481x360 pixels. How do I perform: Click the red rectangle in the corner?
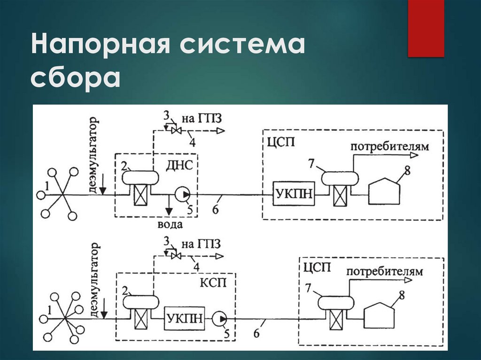click(426, 28)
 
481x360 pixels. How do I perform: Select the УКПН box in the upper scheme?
click(293, 193)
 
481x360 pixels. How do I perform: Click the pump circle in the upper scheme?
click(182, 193)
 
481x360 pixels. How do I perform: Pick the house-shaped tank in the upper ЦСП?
click(385, 191)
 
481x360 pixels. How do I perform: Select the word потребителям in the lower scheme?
click(384, 271)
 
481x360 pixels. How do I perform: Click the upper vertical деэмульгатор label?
click(95, 154)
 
